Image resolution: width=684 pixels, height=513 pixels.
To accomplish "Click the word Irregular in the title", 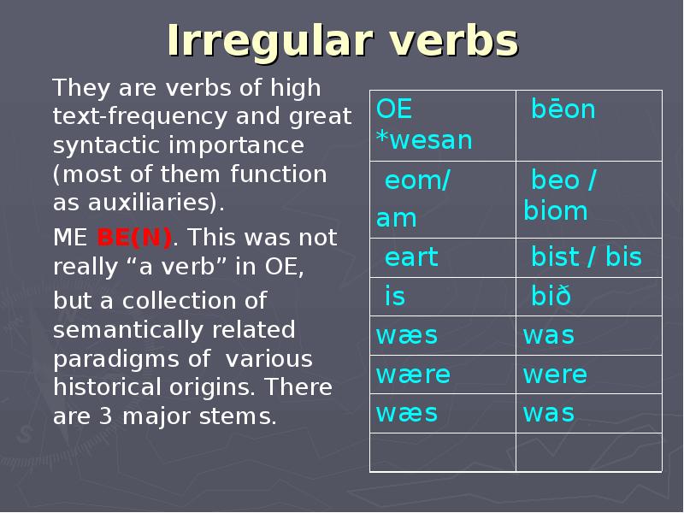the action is click(269, 40).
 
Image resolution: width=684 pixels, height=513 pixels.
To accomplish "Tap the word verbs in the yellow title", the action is click(453, 40).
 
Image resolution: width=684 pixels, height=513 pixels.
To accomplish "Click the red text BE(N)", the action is click(134, 239).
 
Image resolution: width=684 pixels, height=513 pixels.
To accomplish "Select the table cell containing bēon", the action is click(589, 126).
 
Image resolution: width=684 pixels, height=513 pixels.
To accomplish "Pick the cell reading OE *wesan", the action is click(443, 126).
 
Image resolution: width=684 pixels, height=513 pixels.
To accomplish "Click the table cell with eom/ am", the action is click(443, 199).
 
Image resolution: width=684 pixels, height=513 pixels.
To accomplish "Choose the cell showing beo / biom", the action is click(589, 199).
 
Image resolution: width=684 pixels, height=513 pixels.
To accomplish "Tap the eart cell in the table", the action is click(443, 257).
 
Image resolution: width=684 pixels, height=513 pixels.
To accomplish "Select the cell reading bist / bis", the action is click(589, 257).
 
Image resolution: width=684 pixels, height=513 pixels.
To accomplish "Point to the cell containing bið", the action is click(589, 297).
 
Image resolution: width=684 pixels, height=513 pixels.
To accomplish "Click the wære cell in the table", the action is click(443, 374).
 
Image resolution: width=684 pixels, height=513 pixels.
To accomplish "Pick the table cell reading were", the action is click(589, 374).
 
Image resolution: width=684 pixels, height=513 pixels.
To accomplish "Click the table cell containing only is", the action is click(443, 297).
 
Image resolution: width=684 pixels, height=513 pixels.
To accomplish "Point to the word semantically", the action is click(127, 331).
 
